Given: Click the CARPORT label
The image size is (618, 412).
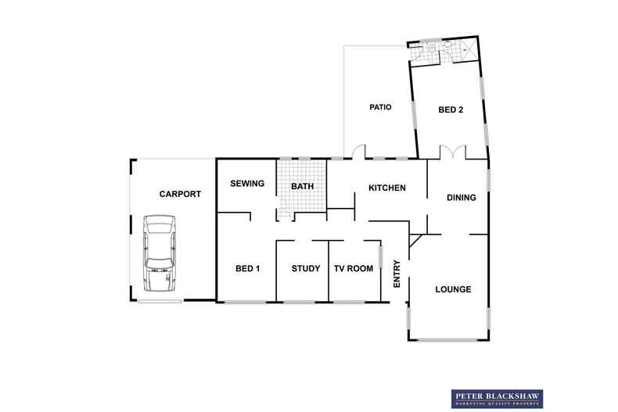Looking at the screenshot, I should [x=180, y=194].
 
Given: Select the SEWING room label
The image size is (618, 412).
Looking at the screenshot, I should [x=246, y=184].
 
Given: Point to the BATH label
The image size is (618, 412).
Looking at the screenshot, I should [x=302, y=187].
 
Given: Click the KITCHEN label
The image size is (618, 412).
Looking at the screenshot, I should [x=386, y=188].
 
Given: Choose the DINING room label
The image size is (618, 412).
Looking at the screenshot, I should [x=461, y=198].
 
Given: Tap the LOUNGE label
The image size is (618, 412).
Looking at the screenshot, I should [x=453, y=289].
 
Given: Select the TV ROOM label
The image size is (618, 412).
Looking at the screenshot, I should [x=354, y=269].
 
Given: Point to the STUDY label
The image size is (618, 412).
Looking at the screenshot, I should [x=305, y=269].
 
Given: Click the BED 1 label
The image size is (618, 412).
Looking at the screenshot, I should [x=247, y=269].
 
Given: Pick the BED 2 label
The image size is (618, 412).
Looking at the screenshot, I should [x=451, y=110].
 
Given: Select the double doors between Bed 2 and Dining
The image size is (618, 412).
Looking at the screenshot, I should [x=452, y=152].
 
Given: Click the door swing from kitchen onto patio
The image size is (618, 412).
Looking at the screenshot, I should [x=357, y=151].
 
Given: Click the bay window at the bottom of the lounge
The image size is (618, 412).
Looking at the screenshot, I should [x=447, y=339].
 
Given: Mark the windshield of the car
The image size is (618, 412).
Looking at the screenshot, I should [x=159, y=242].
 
